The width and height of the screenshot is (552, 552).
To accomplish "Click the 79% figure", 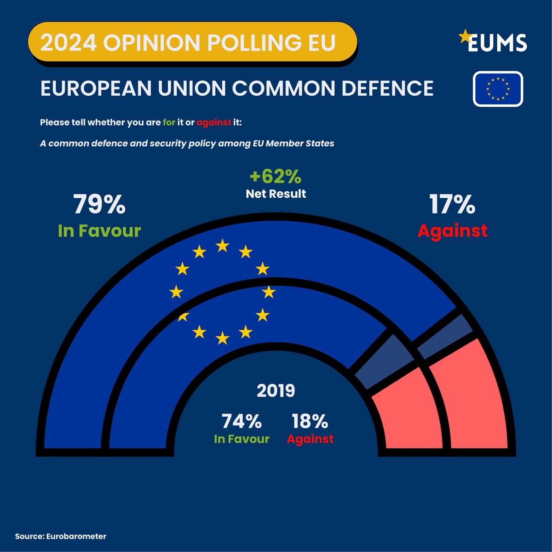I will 99,205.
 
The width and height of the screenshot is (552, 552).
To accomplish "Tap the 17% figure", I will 452,205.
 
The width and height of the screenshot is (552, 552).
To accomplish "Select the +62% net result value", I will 275,176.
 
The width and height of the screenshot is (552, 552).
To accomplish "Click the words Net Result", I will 276,194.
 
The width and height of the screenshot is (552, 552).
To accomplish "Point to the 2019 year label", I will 276,391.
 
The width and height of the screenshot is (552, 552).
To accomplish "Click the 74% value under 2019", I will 241,421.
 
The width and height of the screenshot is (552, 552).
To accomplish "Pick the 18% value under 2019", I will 310,421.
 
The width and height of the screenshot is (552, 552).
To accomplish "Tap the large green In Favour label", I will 99,230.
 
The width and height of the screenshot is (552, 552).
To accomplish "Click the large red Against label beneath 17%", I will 452,230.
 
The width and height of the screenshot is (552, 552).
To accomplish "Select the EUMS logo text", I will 497,43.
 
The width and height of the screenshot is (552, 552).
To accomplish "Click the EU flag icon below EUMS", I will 498,89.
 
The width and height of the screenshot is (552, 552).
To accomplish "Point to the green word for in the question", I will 169,123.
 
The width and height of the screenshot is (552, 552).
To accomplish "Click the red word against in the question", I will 213,123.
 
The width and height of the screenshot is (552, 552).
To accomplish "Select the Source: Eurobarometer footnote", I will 61,536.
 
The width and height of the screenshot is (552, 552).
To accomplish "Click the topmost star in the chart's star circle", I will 223,245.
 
